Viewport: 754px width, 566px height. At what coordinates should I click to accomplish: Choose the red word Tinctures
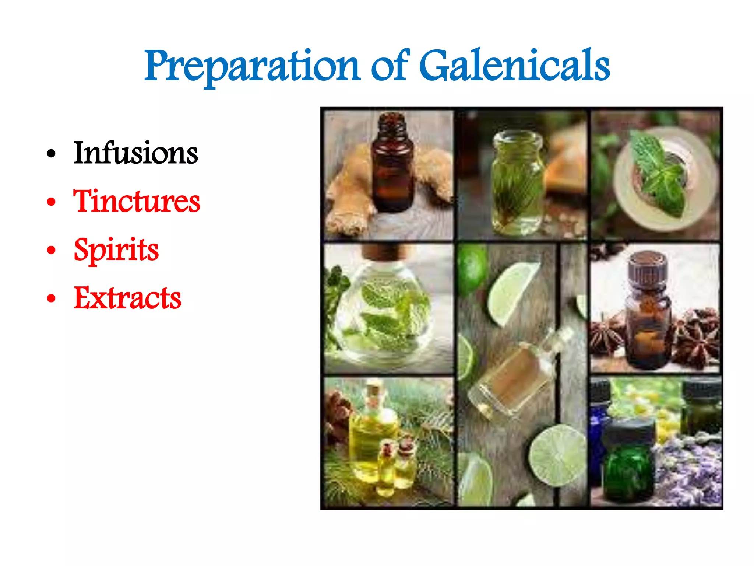click(137, 201)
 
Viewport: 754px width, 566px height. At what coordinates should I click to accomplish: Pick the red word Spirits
click(116, 250)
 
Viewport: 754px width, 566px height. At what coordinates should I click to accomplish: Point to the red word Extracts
click(127, 298)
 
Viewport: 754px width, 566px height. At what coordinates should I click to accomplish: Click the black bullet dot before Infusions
click(52, 154)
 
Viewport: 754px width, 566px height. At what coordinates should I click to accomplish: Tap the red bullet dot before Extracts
click(52, 298)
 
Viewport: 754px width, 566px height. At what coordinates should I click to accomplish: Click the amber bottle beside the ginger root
click(392, 166)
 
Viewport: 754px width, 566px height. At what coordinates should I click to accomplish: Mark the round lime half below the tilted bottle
click(558, 455)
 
